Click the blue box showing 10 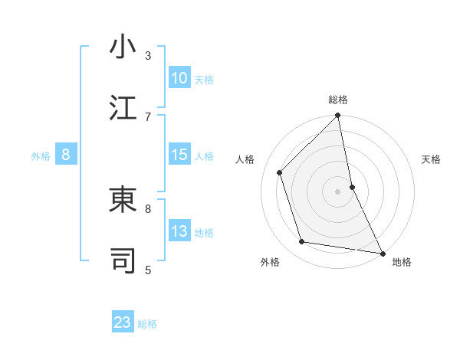179,78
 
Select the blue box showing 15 179,155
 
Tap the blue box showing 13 179,232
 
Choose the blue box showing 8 66,155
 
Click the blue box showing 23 123,322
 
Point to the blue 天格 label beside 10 204,79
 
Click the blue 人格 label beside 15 204,155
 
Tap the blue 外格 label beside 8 41,155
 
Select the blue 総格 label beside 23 147,323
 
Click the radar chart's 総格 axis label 338,100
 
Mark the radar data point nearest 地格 382,252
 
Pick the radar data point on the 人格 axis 280,172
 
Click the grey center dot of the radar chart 338,191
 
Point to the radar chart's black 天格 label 432,159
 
